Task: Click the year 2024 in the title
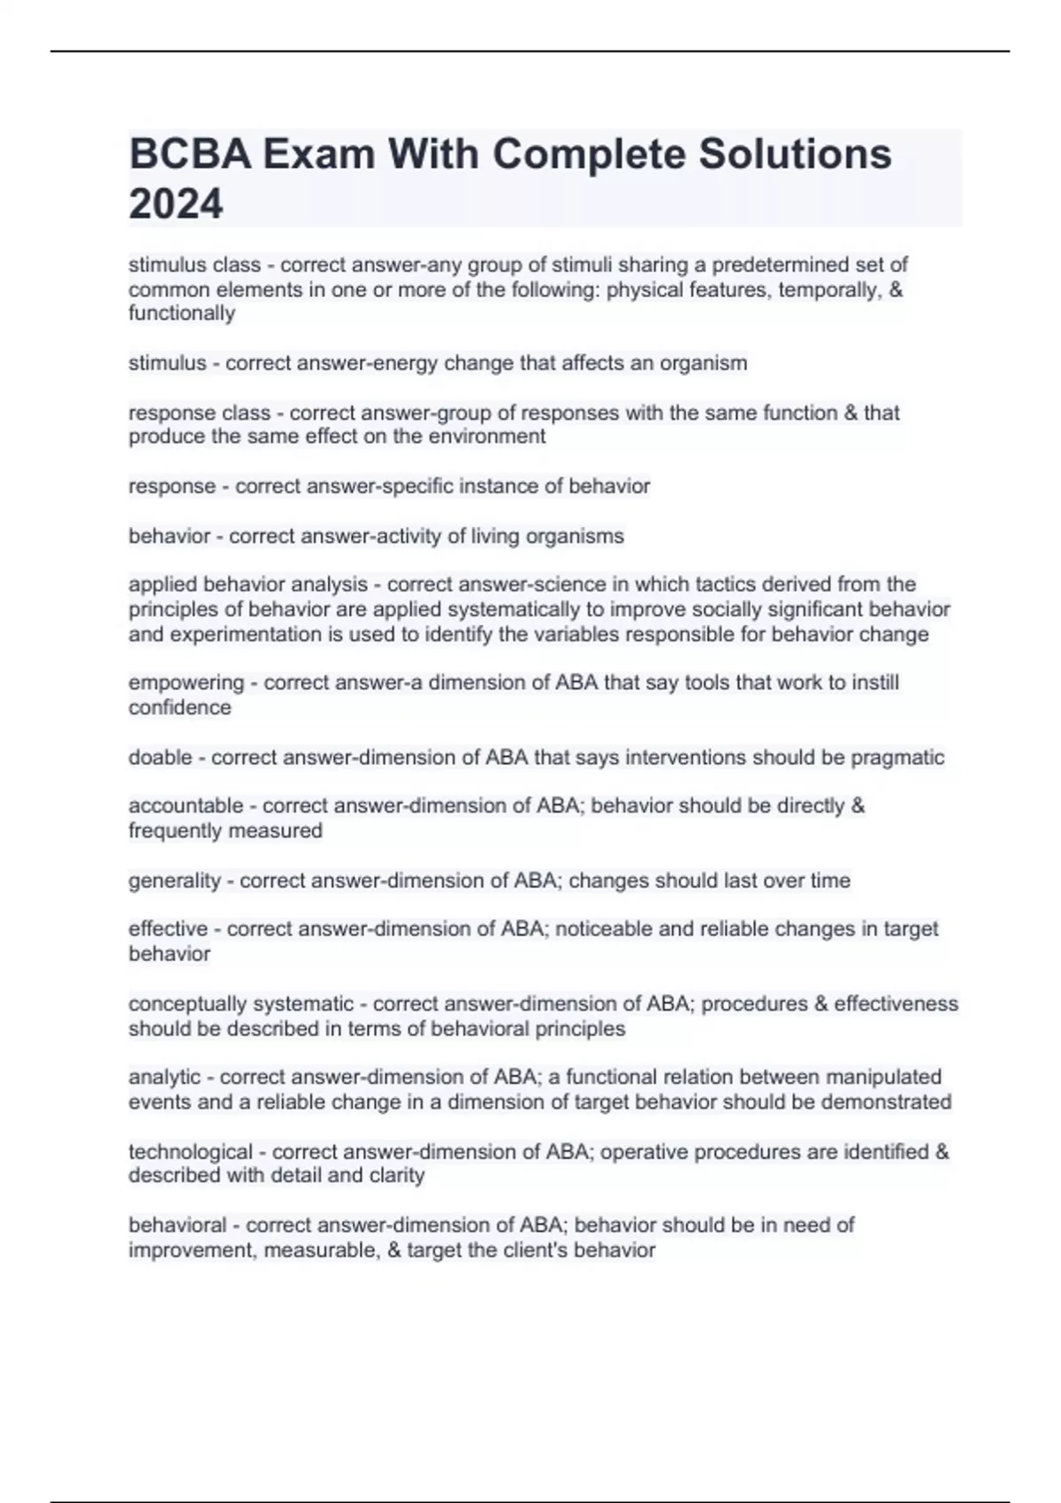coord(176,204)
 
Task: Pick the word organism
coord(704,362)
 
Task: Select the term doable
coord(160,758)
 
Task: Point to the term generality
coord(174,881)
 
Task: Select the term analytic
coord(164,1077)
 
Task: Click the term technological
coord(190,1152)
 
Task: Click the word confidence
coord(179,707)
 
